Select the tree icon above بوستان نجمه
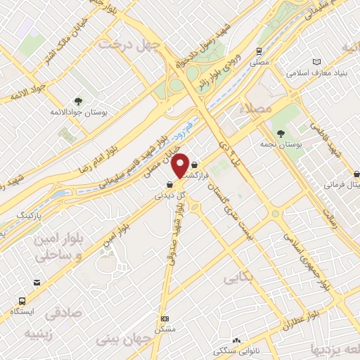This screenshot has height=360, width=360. [x=281, y=133]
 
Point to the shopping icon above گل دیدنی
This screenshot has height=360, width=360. [x=170, y=184]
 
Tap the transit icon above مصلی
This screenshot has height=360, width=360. [x=259, y=51]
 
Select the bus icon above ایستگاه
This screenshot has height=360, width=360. [x=34, y=283]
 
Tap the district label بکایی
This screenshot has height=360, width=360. [x=238, y=278]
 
